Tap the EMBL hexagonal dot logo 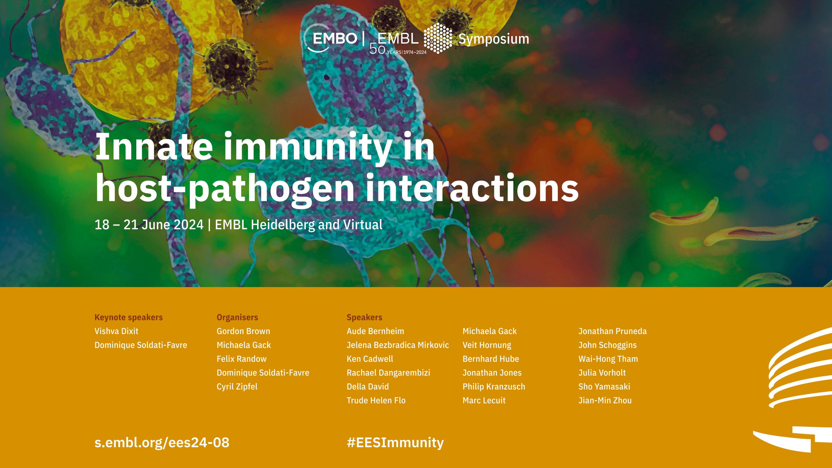click(438, 38)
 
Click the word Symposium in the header click(494, 39)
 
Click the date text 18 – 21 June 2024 click(149, 225)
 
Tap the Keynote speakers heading click(129, 318)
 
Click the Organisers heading click(237, 318)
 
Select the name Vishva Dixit click(116, 331)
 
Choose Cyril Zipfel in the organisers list click(237, 387)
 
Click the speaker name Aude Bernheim click(375, 331)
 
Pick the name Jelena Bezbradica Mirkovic click(398, 345)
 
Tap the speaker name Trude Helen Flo click(376, 400)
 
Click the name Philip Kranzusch click(494, 387)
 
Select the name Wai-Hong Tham click(608, 359)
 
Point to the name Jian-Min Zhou click(605, 400)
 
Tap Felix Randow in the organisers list click(241, 359)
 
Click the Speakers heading click(364, 318)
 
